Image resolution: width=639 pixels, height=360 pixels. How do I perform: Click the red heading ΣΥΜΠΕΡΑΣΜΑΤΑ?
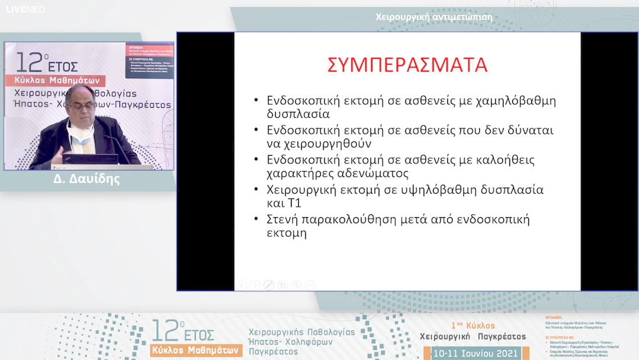[x=408, y=65]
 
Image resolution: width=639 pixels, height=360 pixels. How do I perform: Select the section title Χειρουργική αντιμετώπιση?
[x=434, y=17]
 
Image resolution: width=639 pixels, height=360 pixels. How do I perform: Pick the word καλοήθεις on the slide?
[x=501, y=160]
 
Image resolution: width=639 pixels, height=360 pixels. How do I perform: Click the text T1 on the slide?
[x=294, y=204]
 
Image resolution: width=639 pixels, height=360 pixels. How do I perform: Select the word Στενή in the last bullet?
[x=285, y=220]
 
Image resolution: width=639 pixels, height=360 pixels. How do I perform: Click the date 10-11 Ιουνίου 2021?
[x=476, y=353]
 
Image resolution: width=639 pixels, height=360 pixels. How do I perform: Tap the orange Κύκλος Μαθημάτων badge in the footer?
[x=196, y=349]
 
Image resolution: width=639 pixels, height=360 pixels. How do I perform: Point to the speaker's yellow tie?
[x=86, y=146]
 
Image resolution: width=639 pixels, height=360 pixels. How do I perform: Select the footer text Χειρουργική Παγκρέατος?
[x=472, y=336]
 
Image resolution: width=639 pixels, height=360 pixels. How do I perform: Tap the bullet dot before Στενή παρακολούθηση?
[x=256, y=220]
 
